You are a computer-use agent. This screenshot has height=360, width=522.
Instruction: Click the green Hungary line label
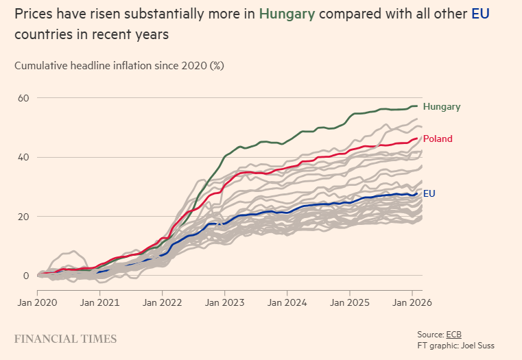(x=441, y=106)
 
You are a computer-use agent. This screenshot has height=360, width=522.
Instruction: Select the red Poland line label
(x=438, y=139)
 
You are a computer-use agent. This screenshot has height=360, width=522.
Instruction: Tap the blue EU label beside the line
(x=429, y=193)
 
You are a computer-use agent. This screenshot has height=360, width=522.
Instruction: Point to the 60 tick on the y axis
(x=23, y=98)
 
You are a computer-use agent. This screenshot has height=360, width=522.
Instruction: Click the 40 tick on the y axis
(x=23, y=157)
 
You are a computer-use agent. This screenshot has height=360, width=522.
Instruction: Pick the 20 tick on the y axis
(x=23, y=216)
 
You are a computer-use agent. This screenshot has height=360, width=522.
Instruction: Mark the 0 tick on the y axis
(x=26, y=276)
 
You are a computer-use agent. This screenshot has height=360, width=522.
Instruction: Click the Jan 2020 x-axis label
(x=37, y=301)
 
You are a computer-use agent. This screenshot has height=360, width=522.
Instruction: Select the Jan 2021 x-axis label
(x=100, y=301)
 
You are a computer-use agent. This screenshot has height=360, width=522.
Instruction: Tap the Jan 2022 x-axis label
(x=163, y=301)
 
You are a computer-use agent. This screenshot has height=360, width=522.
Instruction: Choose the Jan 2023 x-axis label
(x=225, y=301)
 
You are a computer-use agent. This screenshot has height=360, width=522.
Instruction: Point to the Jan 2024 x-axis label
(x=287, y=301)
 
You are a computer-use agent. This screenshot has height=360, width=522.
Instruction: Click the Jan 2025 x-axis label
(x=350, y=301)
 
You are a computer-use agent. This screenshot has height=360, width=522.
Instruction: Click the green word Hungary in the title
(x=287, y=14)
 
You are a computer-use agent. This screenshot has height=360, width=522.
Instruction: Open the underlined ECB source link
(x=454, y=334)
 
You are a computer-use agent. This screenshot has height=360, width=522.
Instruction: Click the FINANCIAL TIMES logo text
(x=65, y=339)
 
